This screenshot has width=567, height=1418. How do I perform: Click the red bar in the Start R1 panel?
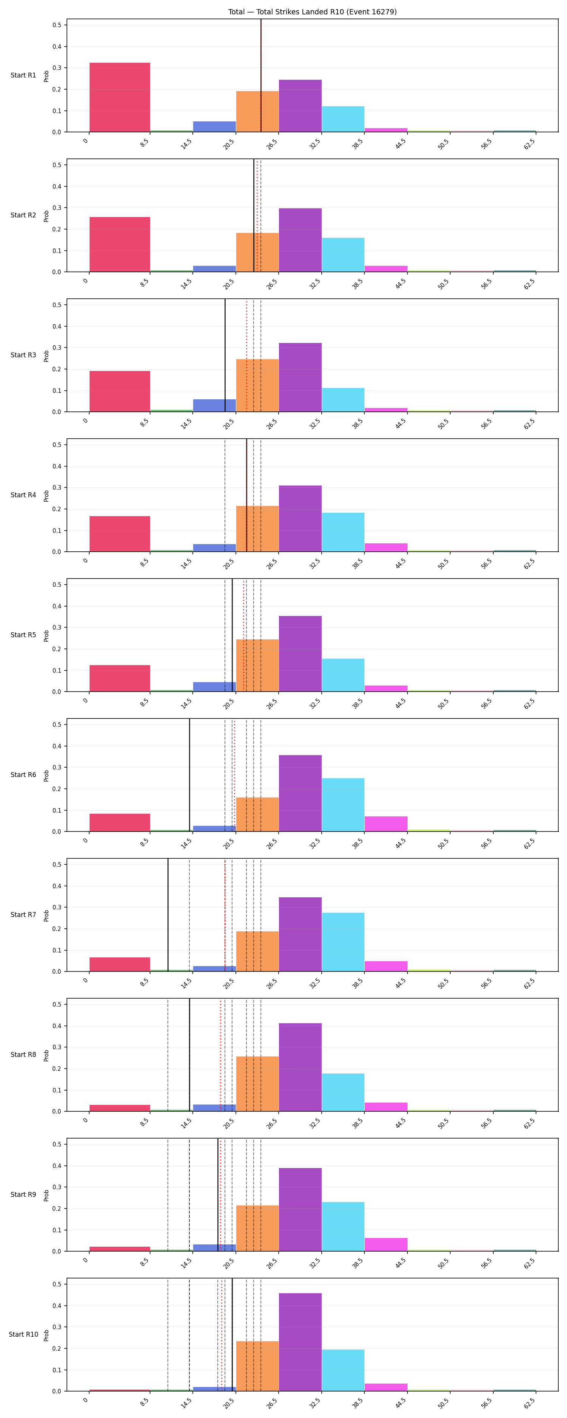(119, 98)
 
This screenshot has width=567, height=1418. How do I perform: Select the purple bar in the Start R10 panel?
(300, 1342)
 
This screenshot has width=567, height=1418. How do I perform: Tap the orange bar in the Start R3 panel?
(257, 385)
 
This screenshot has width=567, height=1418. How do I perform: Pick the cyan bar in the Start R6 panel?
(343, 805)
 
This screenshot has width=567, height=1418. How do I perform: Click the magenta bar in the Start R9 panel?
(386, 1244)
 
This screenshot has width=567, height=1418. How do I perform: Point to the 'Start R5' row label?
(23, 635)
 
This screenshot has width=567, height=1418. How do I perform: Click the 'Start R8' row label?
(23, 1054)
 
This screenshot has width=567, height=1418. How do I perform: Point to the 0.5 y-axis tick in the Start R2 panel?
(57, 164)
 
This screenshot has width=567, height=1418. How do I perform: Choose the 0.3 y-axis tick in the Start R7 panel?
(57, 907)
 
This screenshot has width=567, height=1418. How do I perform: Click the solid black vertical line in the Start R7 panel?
(168, 915)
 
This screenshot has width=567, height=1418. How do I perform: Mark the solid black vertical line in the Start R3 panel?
(225, 355)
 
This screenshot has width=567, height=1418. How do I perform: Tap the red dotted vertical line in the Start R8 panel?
(221, 1055)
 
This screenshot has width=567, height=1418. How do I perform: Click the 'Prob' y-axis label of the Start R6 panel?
(46, 775)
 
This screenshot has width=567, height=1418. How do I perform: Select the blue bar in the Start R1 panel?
(214, 127)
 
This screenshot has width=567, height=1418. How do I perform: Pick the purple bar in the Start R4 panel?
(300, 518)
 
